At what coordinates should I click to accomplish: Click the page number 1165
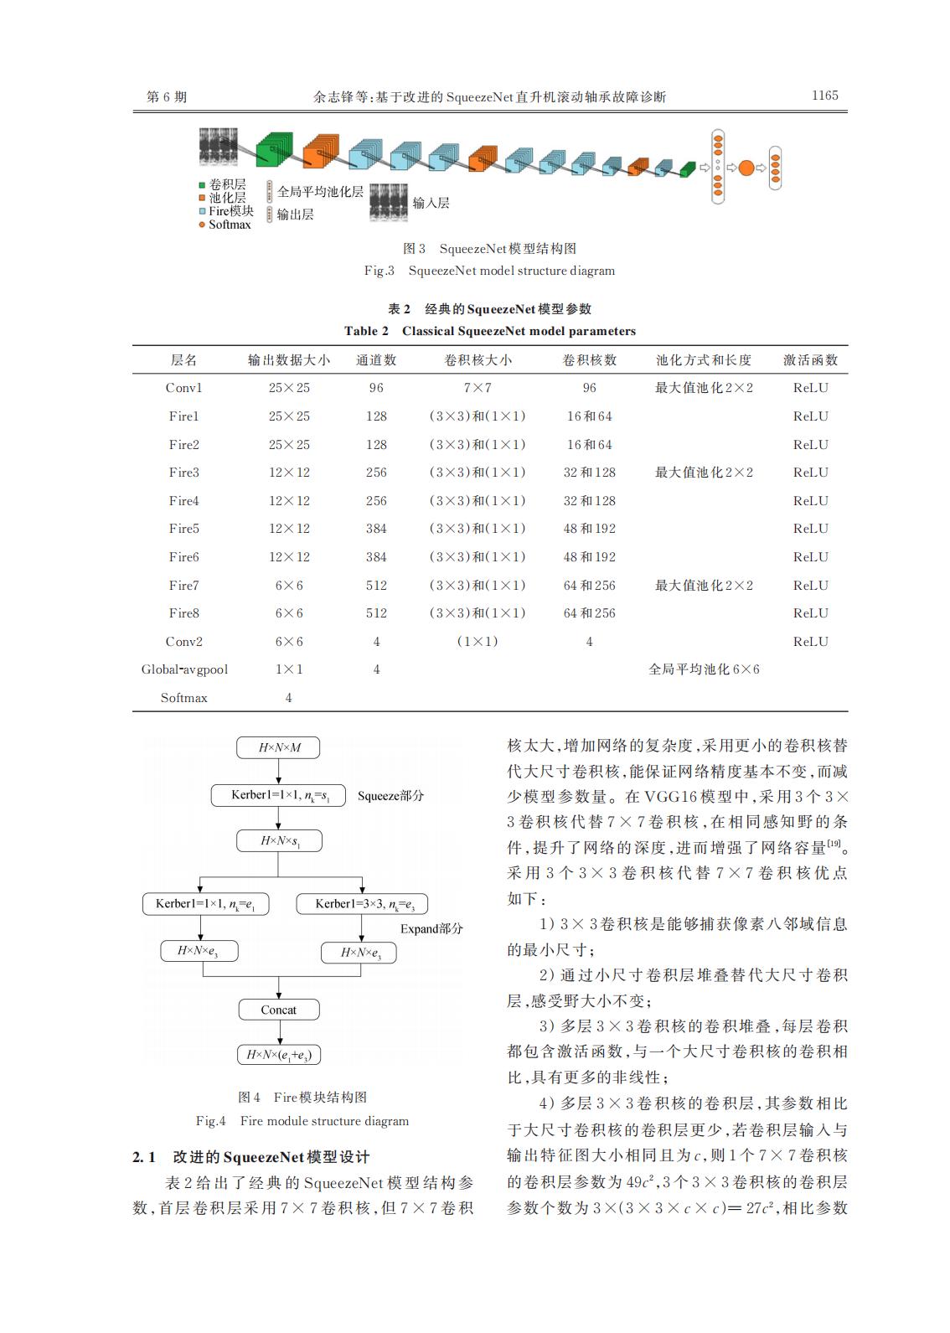tap(824, 96)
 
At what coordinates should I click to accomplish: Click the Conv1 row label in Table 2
tap(183, 388)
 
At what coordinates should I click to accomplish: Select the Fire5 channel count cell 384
tap(376, 529)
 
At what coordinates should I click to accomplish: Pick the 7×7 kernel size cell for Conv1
tap(477, 388)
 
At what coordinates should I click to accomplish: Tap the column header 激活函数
tap(810, 360)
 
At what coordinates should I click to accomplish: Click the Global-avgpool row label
tap(184, 669)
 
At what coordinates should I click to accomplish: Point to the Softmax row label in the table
tap(183, 698)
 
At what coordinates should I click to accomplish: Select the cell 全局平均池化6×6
tap(704, 669)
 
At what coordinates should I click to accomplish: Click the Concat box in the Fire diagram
tap(278, 1010)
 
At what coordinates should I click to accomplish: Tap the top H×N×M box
tap(279, 747)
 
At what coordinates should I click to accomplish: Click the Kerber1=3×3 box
tap(362, 904)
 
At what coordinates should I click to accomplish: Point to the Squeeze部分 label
tap(390, 796)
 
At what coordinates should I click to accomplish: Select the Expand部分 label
tap(431, 928)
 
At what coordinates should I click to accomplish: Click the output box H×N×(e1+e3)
tap(278, 1055)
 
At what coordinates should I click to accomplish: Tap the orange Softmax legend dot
tap(202, 225)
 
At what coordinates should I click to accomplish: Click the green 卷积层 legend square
tap(202, 185)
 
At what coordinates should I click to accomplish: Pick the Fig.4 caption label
tap(210, 1121)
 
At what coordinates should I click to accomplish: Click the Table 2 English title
tap(489, 331)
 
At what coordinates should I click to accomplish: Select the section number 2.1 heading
tap(144, 1157)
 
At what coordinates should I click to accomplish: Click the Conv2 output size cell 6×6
tap(289, 642)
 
